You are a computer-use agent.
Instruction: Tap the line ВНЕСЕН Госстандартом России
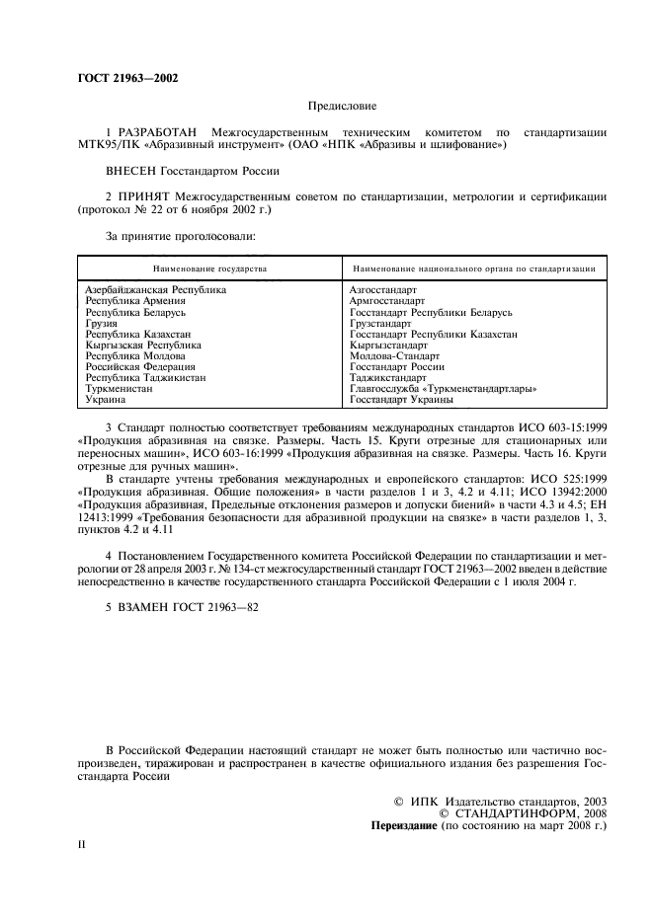(186, 171)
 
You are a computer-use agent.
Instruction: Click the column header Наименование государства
(209, 268)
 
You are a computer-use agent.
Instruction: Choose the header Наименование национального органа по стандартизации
(473, 268)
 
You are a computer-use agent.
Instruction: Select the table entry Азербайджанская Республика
(156, 290)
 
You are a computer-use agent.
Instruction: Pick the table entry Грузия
(102, 323)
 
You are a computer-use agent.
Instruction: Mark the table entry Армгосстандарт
(387, 301)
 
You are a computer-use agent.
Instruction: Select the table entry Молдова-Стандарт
(394, 355)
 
